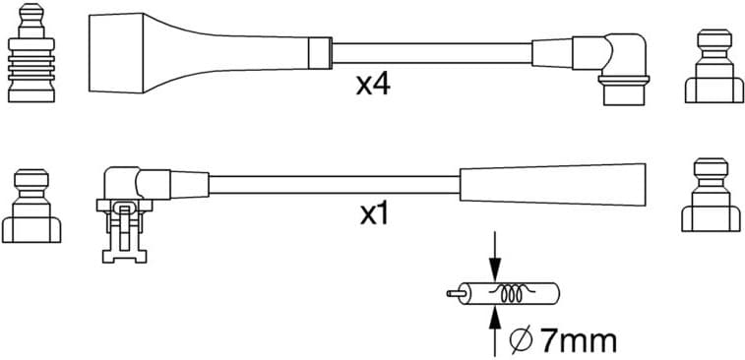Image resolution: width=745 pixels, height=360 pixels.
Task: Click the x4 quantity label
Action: [x=373, y=86]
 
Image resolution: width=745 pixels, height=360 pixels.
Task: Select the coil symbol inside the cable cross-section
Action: [x=512, y=292]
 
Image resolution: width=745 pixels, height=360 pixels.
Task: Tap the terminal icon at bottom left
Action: [x=31, y=208]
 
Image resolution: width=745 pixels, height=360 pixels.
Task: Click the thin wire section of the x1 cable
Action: [x=335, y=184]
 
